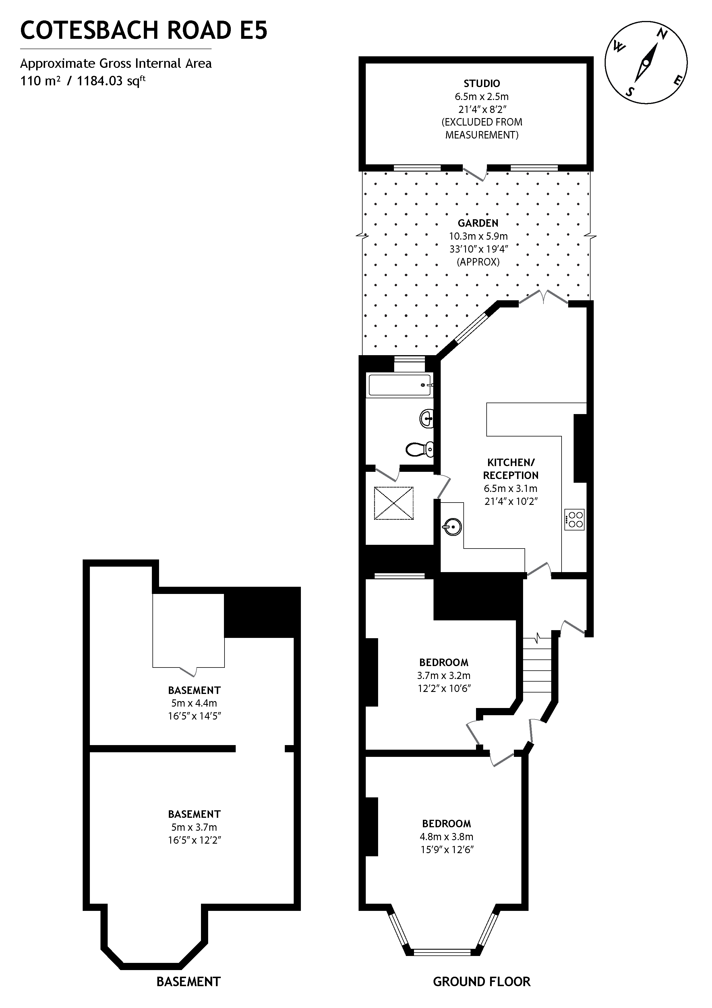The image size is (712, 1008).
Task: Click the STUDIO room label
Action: [482, 83]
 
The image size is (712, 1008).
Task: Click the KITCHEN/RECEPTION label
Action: [511, 469]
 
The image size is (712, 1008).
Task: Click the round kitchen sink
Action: [452, 526]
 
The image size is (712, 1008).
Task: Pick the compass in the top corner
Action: [646, 63]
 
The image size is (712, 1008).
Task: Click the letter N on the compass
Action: [662, 34]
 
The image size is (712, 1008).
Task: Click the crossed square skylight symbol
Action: [394, 503]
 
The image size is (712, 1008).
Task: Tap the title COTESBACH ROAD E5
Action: [144, 31]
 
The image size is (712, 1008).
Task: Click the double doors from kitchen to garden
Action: [543, 298]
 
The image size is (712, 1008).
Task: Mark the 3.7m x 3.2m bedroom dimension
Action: [444, 676]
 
